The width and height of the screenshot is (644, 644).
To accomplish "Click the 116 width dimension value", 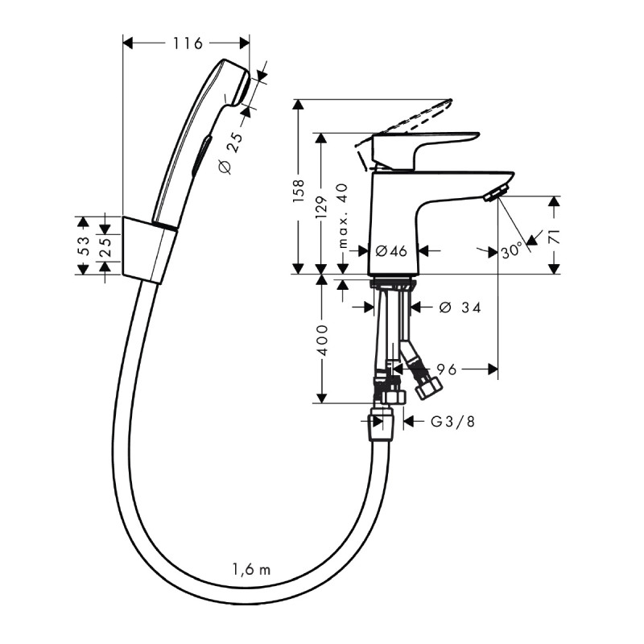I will point(188,43).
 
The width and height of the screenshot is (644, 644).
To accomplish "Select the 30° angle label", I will point(510,251).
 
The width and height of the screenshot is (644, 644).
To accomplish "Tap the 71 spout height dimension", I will point(555,237).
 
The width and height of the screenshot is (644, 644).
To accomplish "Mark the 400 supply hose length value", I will point(322,341).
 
